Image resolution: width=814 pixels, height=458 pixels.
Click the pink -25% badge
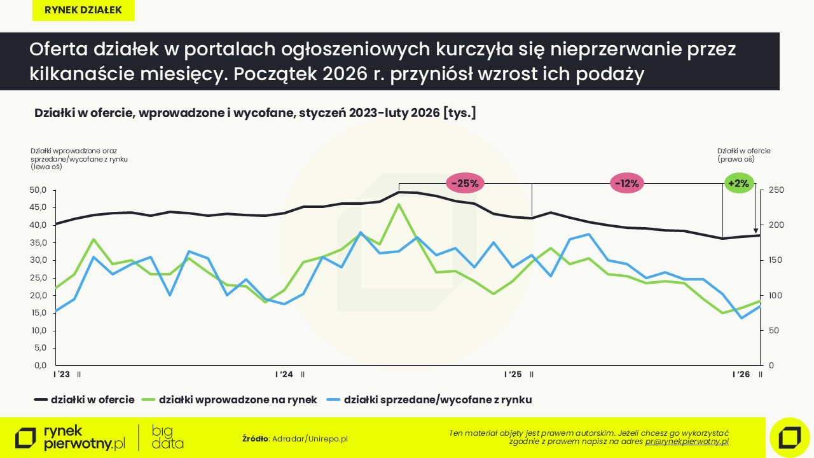(466, 183)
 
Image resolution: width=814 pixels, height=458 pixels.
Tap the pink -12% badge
(628, 183)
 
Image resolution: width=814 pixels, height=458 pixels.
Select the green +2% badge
(739, 183)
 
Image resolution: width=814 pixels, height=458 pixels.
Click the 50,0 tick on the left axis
(39, 190)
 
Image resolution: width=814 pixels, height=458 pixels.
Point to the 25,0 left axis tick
(39, 278)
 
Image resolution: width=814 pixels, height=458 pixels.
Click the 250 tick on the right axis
(776, 190)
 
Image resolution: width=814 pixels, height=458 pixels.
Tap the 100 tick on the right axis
(776, 296)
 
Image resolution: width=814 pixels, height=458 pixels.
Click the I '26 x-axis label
(741, 375)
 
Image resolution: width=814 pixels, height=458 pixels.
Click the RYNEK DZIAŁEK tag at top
(83, 10)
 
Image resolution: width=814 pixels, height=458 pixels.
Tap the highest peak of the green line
(399, 204)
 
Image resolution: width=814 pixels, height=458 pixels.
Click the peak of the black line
(399, 191)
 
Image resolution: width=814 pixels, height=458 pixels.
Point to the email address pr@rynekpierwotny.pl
(687, 441)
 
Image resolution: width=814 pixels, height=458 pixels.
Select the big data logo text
(168, 438)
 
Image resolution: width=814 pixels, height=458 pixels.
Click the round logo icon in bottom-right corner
(789, 438)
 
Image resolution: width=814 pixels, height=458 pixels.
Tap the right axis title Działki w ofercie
(744, 155)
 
